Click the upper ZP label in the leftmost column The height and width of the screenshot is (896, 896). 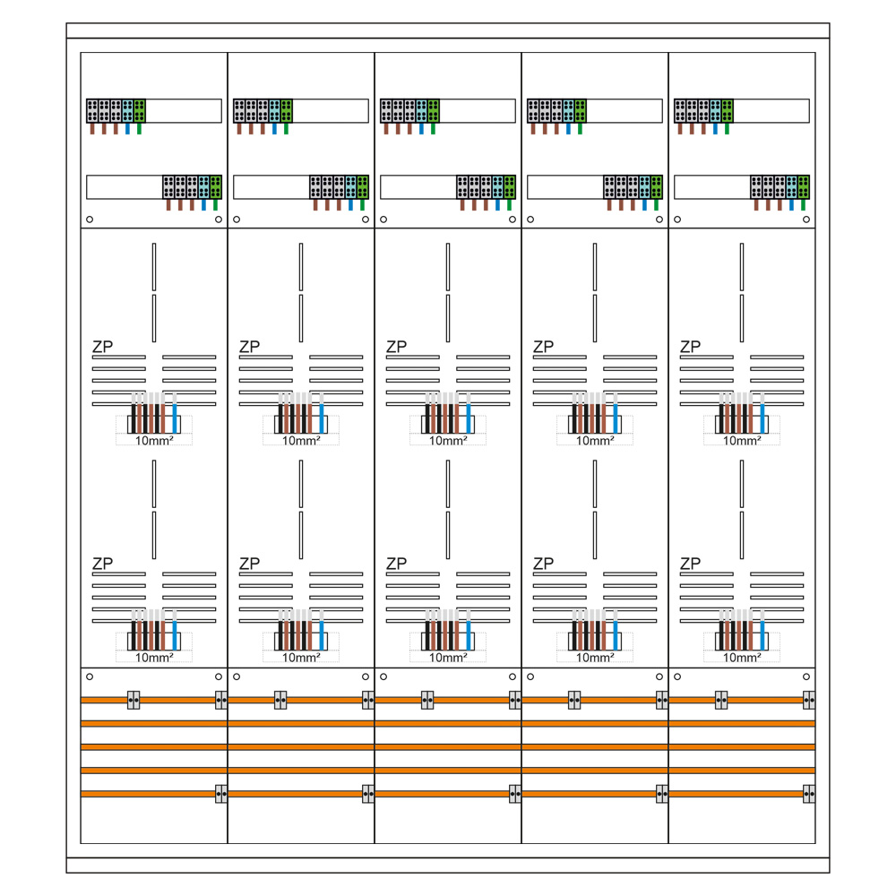click(x=102, y=347)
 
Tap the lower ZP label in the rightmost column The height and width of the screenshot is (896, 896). click(x=690, y=564)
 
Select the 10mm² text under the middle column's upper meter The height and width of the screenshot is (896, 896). click(x=448, y=440)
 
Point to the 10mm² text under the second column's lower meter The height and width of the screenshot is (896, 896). click(x=301, y=657)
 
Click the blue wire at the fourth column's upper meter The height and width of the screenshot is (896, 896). click(x=616, y=411)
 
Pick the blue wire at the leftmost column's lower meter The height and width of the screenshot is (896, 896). click(x=175, y=628)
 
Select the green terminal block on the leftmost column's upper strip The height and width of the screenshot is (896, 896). click(x=140, y=110)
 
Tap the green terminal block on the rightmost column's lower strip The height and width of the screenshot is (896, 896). click(x=804, y=186)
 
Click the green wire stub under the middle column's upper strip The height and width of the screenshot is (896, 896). click(x=433, y=128)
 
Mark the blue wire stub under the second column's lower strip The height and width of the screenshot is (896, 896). click(x=351, y=204)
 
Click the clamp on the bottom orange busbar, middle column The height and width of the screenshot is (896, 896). click(x=515, y=793)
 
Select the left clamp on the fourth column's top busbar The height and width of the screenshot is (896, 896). click(x=574, y=700)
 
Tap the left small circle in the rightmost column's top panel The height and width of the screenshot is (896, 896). click(x=677, y=220)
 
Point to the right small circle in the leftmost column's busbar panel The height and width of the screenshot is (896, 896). click(x=219, y=676)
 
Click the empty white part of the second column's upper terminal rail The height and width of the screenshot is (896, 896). click(x=330, y=110)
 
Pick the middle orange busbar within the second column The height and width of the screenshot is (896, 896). click(x=301, y=746)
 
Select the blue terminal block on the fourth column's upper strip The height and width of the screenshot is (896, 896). click(x=568, y=110)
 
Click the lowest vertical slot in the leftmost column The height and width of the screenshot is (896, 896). click(x=154, y=535)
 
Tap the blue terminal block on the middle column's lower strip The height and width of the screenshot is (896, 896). click(x=498, y=186)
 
